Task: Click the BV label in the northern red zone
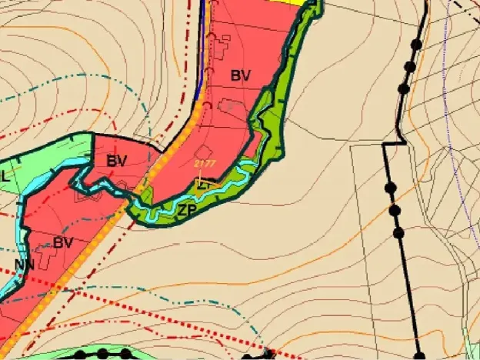241,75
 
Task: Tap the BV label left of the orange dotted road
117,162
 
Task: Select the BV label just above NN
63,242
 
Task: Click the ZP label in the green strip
187,209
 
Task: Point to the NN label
23,267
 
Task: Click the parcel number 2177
205,165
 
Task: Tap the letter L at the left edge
5,176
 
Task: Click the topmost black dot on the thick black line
416,45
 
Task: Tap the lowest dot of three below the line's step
398,232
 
